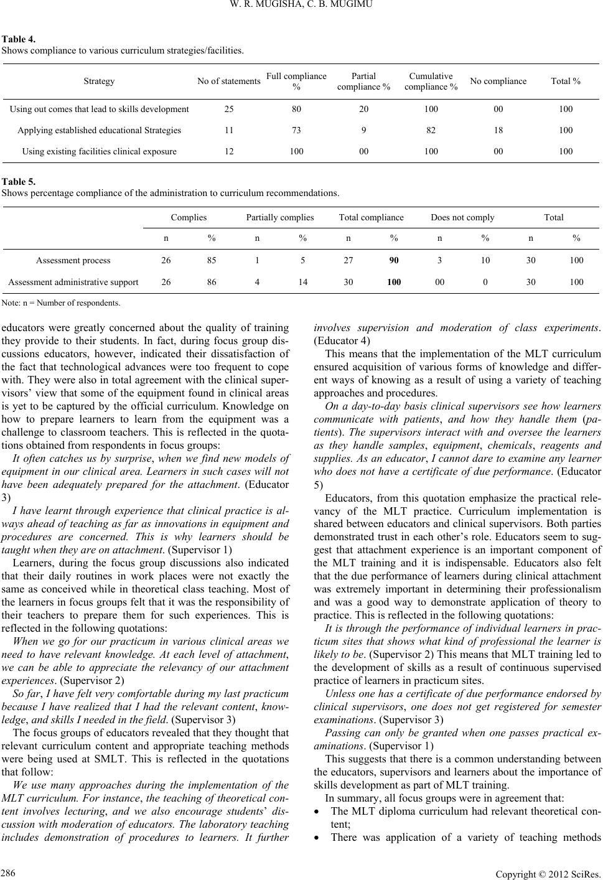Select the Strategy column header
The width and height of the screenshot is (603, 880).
pos(99,81)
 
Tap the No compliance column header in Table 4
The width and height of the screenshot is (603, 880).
pos(498,81)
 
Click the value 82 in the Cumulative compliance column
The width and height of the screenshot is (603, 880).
pos(431,130)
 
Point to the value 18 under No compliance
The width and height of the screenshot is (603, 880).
pos(498,130)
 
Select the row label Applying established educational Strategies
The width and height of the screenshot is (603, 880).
pos(99,130)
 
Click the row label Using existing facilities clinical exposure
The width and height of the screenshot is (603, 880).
pos(99,151)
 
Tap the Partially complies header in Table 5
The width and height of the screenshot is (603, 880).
pos(280,217)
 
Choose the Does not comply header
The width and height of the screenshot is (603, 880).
pos(462,217)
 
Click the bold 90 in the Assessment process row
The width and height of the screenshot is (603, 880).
pos(394,260)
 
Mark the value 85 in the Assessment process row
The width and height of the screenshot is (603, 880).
pos(212,260)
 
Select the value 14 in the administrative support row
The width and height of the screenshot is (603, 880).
pos(302,282)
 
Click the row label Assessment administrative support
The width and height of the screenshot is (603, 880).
pos(73,282)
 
